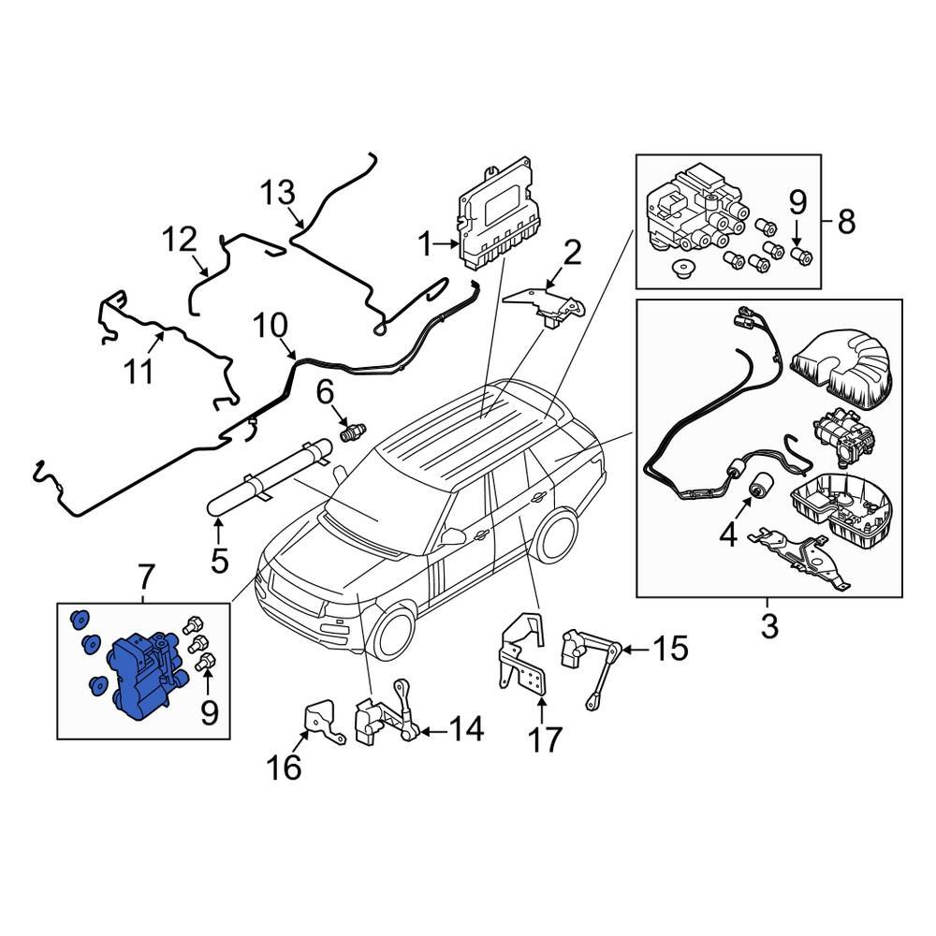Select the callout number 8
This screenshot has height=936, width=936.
pyautogui.click(x=845, y=222)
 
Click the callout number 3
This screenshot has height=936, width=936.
pyautogui.click(x=768, y=625)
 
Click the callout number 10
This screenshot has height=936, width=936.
pyautogui.click(x=269, y=328)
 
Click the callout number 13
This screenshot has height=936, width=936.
pyautogui.click(x=277, y=193)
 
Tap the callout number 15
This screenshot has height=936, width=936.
pyautogui.click(x=670, y=648)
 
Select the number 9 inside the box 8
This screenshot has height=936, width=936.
pyautogui.click(x=797, y=200)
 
